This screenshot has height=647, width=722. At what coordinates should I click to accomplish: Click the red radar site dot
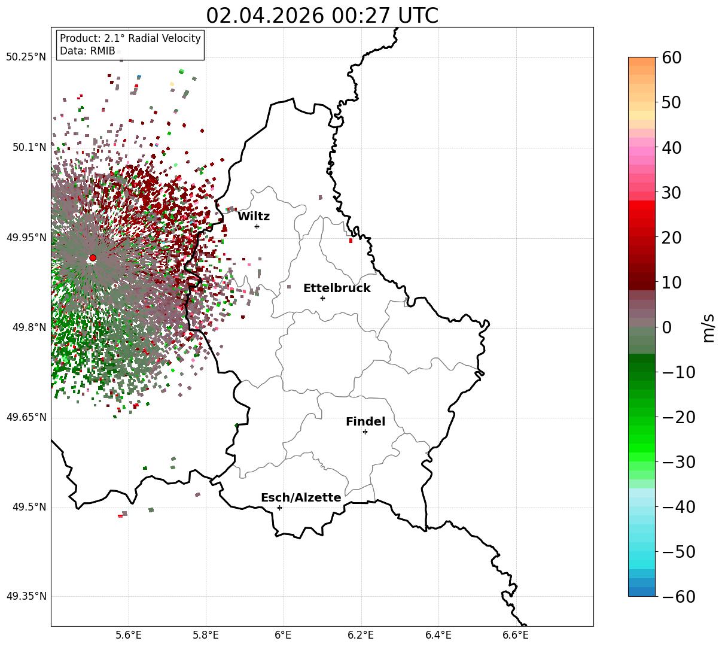pyautogui.click(x=93, y=258)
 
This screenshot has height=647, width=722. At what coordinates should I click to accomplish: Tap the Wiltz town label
pyautogui.click(x=254, y=216)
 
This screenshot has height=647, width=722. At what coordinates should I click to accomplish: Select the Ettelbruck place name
pyautogui.click(x=337, y=288)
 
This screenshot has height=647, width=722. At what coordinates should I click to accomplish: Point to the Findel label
pyautogui.click(x=365, y=421)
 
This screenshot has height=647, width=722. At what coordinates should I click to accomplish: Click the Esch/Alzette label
pyautogui.click(x=301, y=497)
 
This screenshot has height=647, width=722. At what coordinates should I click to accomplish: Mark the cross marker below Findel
pyautogui.click(x=365, y=432)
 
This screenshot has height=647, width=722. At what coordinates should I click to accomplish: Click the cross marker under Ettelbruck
pyautogui.click(x=322, y=299)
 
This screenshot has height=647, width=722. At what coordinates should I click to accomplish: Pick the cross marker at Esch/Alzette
pyautogui.click(x=279, y=508)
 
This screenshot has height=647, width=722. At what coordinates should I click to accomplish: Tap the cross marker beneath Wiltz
pyautogui.click(x=257, y=226)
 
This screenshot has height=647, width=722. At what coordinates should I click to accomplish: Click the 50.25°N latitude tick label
pyautogui.click(x=26, y=57)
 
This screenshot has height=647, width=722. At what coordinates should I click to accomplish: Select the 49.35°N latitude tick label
pyautogui.click(x=26, y=596)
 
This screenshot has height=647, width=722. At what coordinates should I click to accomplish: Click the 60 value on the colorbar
pyautogui.click(x=671, y=57)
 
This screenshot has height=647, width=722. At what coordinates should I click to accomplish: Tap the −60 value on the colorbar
pyautogui.click(x=678, y=596)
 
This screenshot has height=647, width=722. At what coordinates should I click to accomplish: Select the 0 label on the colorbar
pyautogui.click(x=667, y=327)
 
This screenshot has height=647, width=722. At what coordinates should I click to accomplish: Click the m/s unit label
pyautogui.click(x=708, y=328)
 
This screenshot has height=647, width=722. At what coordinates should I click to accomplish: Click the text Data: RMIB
pyautogui.click(x=87, y=51)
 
